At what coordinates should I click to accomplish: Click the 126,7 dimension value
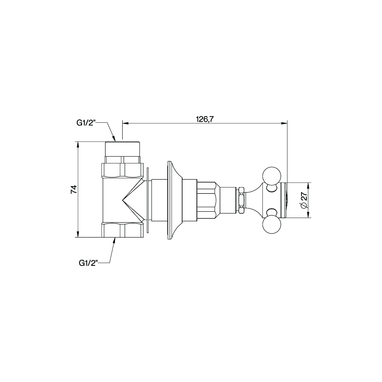(205, 119)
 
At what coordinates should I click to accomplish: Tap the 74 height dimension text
(74, 189)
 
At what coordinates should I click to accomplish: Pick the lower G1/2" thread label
(88, 263)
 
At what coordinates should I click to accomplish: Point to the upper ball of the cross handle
(272, 176)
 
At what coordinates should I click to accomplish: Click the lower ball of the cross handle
(272, 225)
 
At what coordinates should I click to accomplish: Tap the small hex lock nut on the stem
(242, 200)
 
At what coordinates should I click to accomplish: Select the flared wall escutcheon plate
(175, 200)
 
